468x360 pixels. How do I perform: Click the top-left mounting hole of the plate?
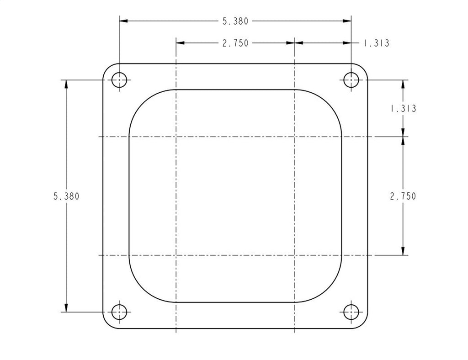(x=119, y=80)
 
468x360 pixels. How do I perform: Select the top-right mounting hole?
(x=351, y=80)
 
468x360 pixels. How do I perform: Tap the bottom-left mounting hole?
(x=119, y=312)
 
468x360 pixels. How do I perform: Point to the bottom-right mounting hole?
(x=351, y=312)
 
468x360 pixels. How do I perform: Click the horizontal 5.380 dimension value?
(x=235, y=21)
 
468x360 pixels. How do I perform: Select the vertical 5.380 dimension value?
(x=66, y=196)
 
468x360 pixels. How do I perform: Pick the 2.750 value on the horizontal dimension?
(x=235, y=43)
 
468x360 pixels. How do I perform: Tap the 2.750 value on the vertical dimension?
(x=403, y=196)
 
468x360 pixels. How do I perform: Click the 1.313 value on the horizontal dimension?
(x=376, y=43)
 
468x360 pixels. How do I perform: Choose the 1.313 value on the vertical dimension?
(x=403, y=109)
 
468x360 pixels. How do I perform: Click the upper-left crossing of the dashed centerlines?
(x=176, y=137)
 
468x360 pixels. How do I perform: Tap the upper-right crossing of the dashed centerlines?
(x=295, y=137)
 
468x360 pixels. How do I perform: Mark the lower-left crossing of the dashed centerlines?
(x=176, y=255)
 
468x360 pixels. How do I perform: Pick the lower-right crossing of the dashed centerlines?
(x=295, y=255)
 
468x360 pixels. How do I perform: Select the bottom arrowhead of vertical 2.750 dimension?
(x=403, y=251)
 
